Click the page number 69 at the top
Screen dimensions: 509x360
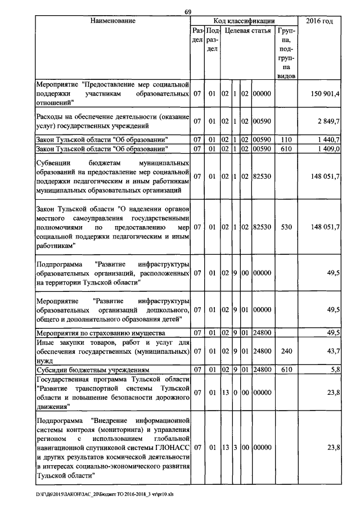(x=188, y=12)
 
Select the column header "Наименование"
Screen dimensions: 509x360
(x=112, y=21)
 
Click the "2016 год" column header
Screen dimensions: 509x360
(x=319, y=21)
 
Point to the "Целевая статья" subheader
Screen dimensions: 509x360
(x=247, y=30)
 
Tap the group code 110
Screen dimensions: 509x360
(x=287, y=139)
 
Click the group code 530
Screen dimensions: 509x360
(x=287, y=227)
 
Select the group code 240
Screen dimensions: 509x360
(x=287, y=351)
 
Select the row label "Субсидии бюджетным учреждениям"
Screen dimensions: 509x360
(x=92, y=370)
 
